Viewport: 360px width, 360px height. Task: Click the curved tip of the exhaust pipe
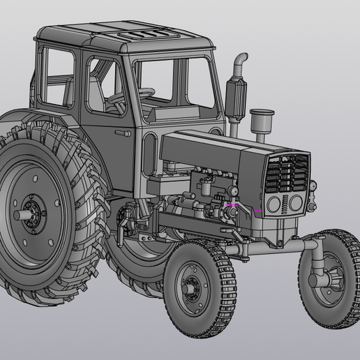pyautogui.click(x=241, y=57)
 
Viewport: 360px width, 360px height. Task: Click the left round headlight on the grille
pyautogui.click(x=274, y=204)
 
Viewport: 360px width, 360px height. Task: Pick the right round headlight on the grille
pyautogui.click(x=296, y=202)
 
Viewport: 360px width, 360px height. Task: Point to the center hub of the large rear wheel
pyautogui.click(x=31, y=209)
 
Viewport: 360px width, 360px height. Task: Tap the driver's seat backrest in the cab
pyautogui.click(x=93, y=92)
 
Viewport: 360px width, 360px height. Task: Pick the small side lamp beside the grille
pyautogui.click(x=313, y=186)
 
